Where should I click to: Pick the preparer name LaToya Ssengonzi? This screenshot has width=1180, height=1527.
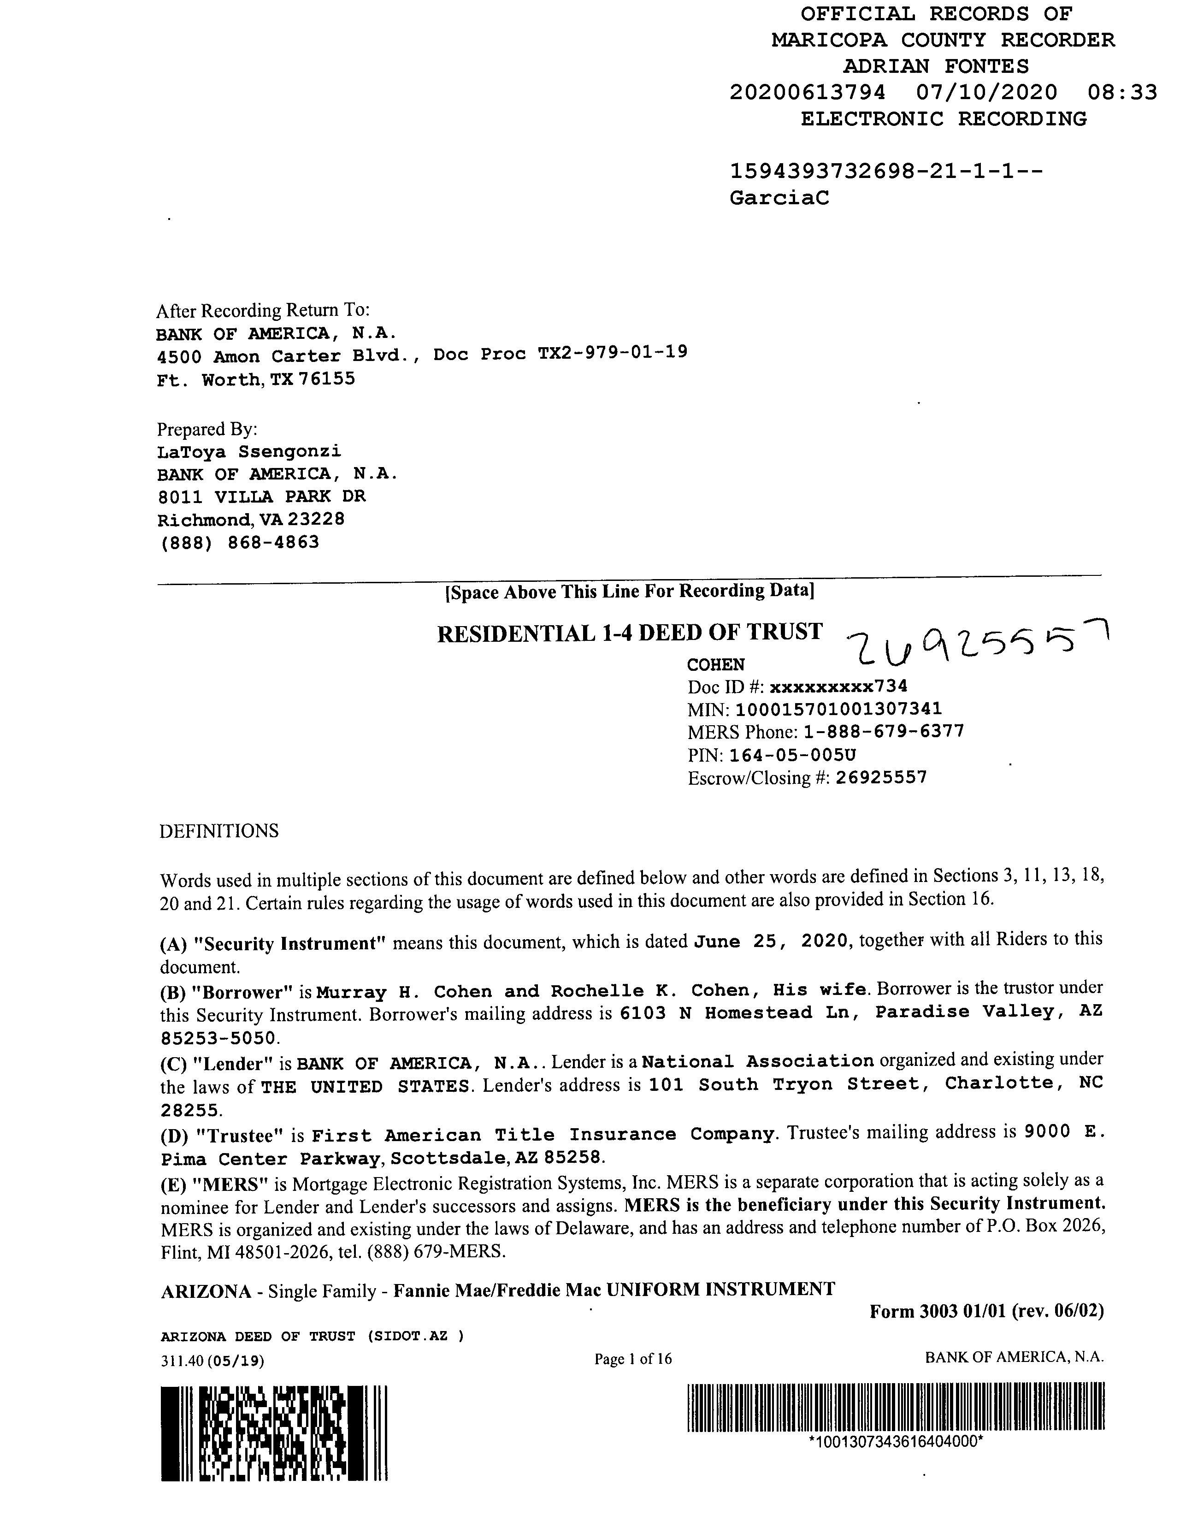tap(249, 452)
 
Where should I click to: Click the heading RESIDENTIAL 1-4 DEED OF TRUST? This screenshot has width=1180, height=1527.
tap(629, 633)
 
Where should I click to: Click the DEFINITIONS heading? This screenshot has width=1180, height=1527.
tap(219, 831)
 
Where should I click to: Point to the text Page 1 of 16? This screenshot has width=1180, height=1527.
tap(633, 1359)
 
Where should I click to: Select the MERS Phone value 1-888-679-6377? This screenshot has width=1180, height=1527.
tap(884, 732)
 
